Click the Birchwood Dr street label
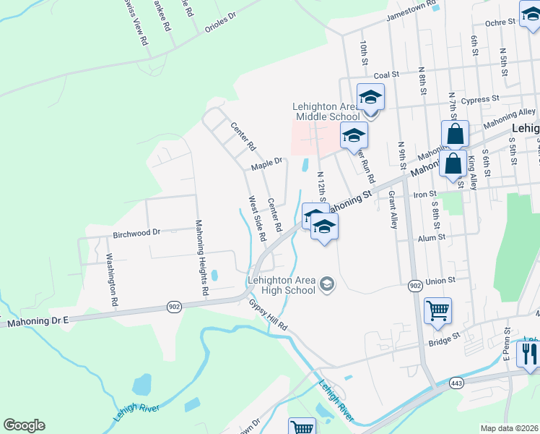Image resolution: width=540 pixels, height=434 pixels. click(136, 234)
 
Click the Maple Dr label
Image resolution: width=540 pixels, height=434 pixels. click(266, 166)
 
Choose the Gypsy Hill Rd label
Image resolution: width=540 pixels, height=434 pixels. click(268, 315)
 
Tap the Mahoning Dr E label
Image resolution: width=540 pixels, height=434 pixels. click(38, 323)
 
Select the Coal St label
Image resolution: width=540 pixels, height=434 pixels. click(386, 75)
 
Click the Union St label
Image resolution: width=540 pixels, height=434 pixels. click(442, 280)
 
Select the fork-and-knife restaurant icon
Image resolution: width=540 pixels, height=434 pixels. click(530, 353)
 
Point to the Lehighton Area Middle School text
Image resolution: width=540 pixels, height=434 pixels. click(326, 111)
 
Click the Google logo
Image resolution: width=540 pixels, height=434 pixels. click(24, 425)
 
